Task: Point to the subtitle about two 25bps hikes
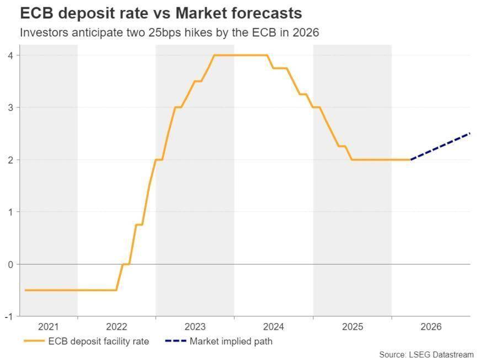pos(169,33)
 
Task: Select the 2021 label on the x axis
pos(49,327)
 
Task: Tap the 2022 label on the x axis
pos(116,327)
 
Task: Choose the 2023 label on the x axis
pos(195,327)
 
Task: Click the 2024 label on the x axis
pos(273,327)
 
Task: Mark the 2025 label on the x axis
pos(352,327)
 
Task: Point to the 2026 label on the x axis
pos(430,327)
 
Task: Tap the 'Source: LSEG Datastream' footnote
pos(426,354)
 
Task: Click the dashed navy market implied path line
pos(440,146)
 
